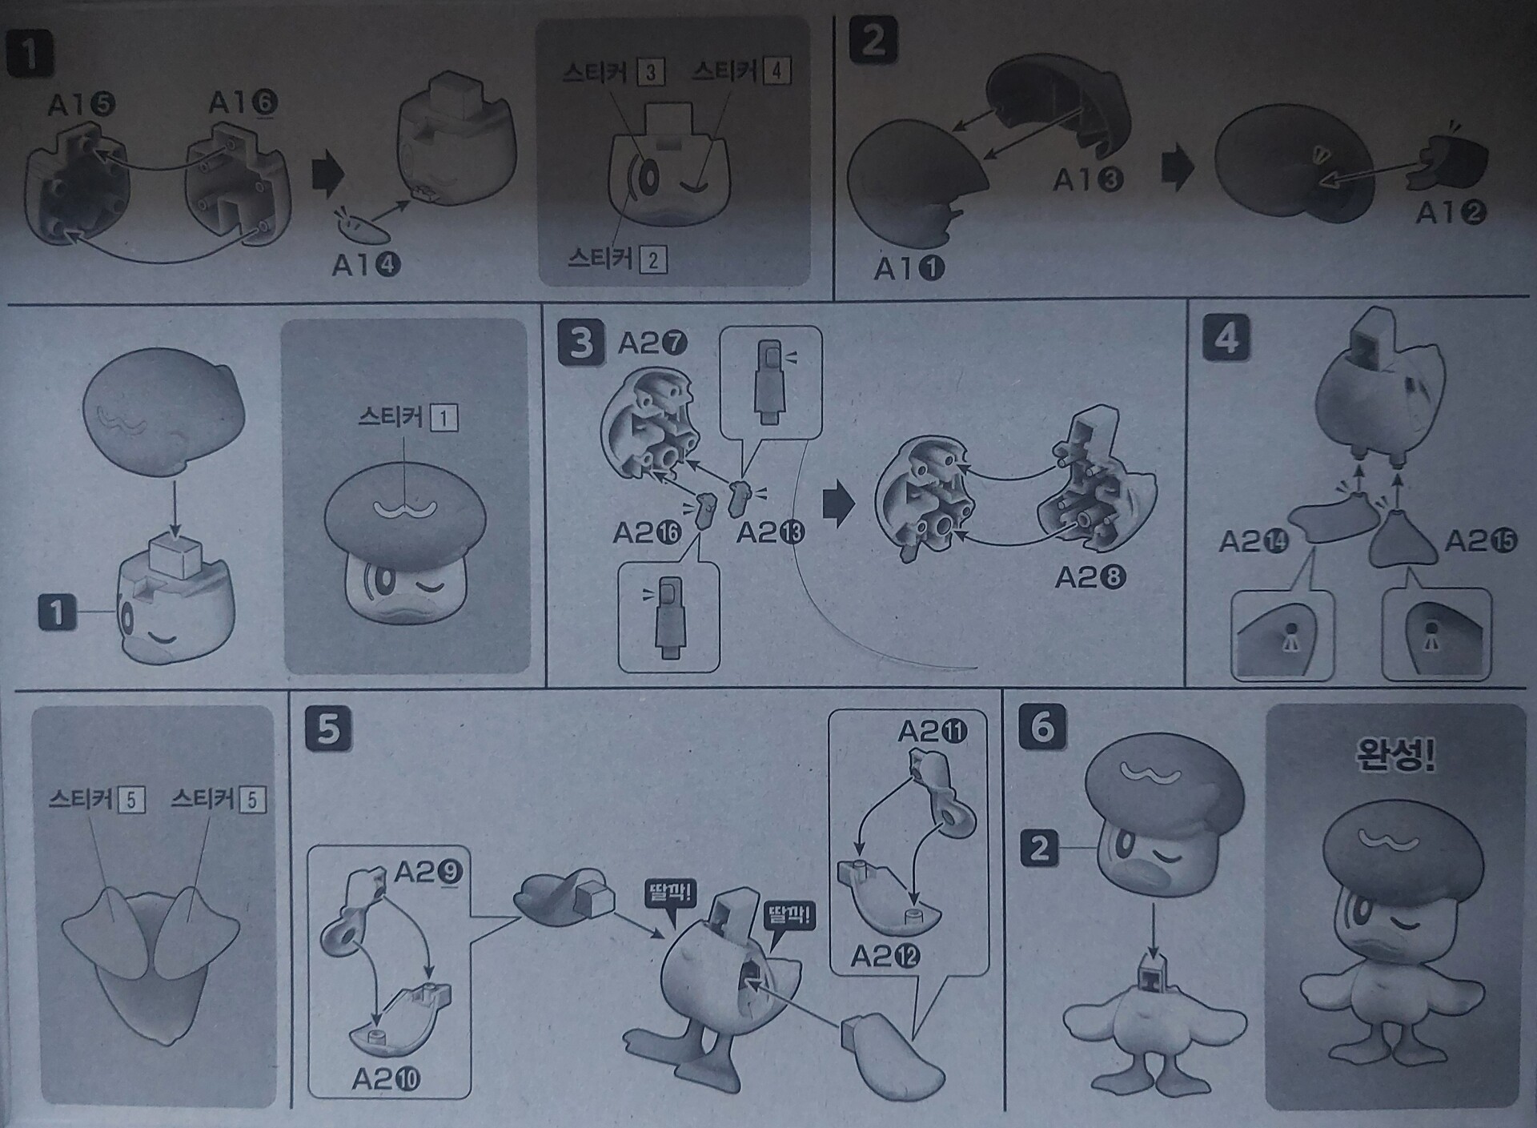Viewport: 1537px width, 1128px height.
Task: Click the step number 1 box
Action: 30,54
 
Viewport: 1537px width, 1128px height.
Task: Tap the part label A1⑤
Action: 82,105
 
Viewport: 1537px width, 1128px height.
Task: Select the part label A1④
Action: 366,264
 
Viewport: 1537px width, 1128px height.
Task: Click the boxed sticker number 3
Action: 651,73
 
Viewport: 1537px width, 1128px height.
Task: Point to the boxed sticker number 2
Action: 653,259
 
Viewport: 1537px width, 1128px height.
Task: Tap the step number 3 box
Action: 581,345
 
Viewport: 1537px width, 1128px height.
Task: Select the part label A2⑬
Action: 770,532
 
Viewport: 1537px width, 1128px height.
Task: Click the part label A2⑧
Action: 1090,577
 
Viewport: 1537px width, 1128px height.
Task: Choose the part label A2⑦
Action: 653,343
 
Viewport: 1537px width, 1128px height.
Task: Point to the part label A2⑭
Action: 1254,542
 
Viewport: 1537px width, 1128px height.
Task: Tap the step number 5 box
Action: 328,729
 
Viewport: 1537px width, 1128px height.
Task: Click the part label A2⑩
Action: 386,1080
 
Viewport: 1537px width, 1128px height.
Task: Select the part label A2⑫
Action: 885,955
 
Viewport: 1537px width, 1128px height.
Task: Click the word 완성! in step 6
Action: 1395,755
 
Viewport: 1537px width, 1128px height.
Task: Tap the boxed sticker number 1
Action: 444,417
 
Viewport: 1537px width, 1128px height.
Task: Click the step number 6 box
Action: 1042,728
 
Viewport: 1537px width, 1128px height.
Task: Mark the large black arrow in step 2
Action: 1178,171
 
